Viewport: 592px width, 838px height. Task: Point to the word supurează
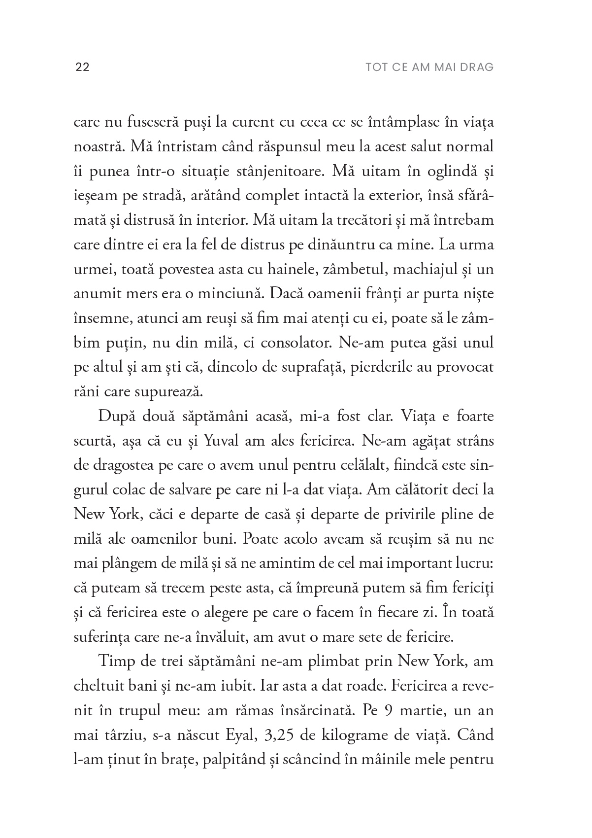[161, 392]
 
